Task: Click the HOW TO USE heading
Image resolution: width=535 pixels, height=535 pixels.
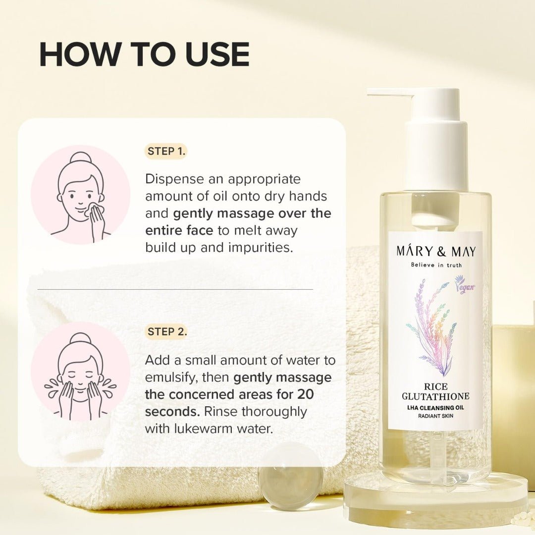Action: tap(144, 54)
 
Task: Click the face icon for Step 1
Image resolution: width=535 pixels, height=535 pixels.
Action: tap(81, 195)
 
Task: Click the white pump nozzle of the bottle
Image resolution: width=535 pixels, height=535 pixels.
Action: tap(391, 93)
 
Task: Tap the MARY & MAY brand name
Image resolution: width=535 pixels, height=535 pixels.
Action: tap(436, 251)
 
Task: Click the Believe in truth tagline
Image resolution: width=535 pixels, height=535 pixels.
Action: tap(436, 265)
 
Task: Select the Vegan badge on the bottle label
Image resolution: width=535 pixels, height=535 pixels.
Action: tap(464, 285)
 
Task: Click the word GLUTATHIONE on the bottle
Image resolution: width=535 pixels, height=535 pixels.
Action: tap(436, 396)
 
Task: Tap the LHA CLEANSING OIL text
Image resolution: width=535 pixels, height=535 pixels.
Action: tap(436, 407)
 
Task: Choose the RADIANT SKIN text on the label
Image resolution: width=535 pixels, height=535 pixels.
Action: tap(436, 416)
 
